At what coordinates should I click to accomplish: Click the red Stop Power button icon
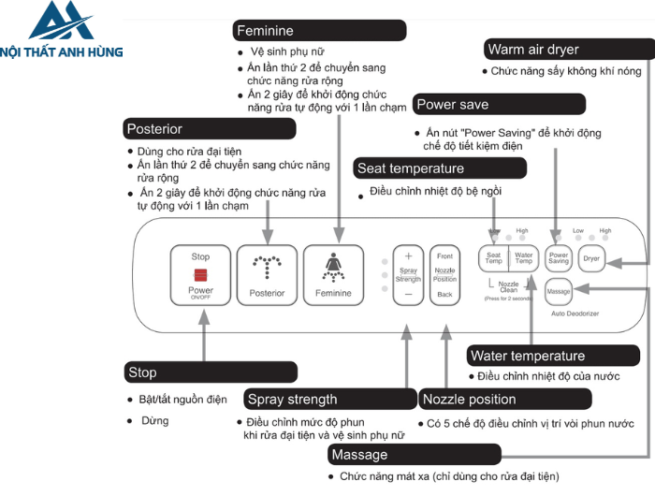200,274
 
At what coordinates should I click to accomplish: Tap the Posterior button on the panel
267,274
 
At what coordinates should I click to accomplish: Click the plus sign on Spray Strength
408,255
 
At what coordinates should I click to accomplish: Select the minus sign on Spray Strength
408,294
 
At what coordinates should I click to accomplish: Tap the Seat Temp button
493,257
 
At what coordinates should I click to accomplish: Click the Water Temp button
524,257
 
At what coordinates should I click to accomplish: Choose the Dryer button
591,257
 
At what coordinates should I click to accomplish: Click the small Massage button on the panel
559,292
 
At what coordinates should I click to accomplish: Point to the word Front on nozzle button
444,255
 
